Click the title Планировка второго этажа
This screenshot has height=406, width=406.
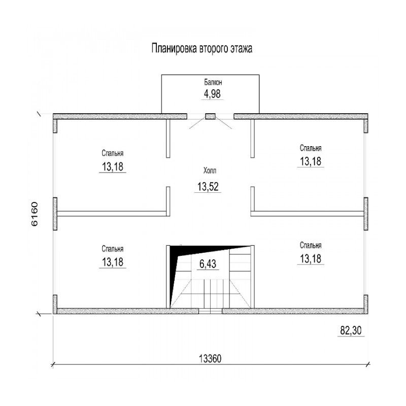pos(201,49)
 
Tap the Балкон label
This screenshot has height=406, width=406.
pos(213,82)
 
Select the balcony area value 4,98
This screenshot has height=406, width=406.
pos(212,94)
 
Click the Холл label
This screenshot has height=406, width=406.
pos(210,171)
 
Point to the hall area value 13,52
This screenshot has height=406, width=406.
pos(208,186)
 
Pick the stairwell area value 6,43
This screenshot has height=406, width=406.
pos(208,264)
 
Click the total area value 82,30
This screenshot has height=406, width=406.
pos(351,330)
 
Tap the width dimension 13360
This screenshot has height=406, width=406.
pos(210,359)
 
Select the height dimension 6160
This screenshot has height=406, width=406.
pos(35,214)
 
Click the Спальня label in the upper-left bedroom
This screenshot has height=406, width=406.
pos(112,153)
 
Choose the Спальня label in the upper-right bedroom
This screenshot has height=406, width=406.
pos(311,148)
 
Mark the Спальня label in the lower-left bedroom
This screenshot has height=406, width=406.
pos(112,249)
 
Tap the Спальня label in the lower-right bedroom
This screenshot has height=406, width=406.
pos(311,245)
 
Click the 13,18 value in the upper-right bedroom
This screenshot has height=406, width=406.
pos(311,161)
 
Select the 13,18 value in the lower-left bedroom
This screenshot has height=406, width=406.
pos(112,262)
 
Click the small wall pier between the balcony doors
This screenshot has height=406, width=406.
pos(210,116)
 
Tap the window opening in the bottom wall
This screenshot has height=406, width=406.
pos(210,311)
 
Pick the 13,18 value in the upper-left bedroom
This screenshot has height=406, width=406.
pos(112,167)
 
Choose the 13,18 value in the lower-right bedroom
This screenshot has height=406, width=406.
pos(311,259)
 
